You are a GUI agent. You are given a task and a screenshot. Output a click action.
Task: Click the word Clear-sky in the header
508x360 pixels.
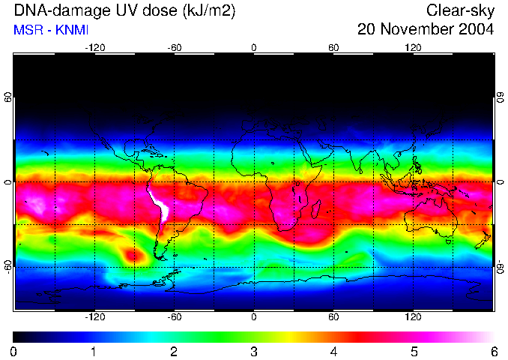pos(460,10)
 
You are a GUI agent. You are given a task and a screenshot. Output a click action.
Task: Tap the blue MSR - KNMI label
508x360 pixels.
pos(51,30)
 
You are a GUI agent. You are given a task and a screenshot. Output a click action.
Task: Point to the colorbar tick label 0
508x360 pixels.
pos(14,350)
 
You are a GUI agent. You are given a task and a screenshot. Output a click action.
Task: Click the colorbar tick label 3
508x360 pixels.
pos(254,350)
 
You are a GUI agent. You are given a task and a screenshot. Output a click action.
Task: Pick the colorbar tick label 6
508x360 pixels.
pos(493,350)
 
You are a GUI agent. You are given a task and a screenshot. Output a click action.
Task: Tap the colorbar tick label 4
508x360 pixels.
pos(334,350)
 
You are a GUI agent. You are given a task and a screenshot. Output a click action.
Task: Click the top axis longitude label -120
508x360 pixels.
pos(94,48)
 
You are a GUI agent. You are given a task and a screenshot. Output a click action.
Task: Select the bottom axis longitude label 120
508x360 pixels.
pos(414,316)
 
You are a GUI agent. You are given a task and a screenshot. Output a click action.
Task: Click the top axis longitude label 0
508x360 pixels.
pos(254,48)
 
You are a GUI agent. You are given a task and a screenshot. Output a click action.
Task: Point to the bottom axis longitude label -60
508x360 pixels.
pos(175,316)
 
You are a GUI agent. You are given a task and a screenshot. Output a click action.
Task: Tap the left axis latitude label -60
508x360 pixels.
pos(8,266)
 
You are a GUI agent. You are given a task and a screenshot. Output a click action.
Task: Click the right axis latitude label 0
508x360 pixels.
pos(500,182)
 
